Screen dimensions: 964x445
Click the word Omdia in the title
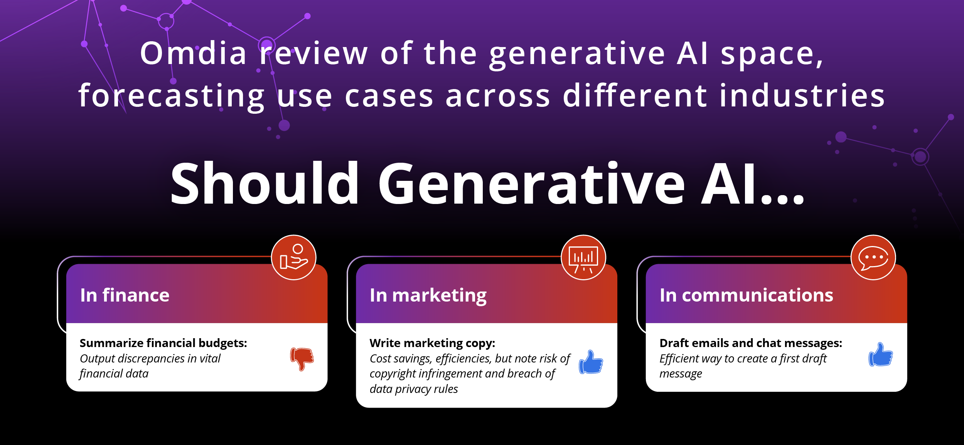pos(193,53)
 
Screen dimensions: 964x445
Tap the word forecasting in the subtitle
pos(171,96)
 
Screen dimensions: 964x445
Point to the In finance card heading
pos(125,295)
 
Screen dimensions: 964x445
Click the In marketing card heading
pos(428,296)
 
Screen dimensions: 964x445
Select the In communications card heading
pos(747,295)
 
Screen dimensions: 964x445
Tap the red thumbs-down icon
pos(302,359)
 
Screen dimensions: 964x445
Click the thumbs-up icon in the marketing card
pos(591,362)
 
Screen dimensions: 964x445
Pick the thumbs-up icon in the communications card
pos(881,354)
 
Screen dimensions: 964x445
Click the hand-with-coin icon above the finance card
pos(294,257)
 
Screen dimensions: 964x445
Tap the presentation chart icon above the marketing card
pos(583,257)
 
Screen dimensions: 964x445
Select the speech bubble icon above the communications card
pos(873,257)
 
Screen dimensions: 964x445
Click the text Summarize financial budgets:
pos(163,343)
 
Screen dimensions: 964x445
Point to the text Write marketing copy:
pos(432,343)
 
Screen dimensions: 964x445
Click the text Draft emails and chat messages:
pos(751,343)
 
